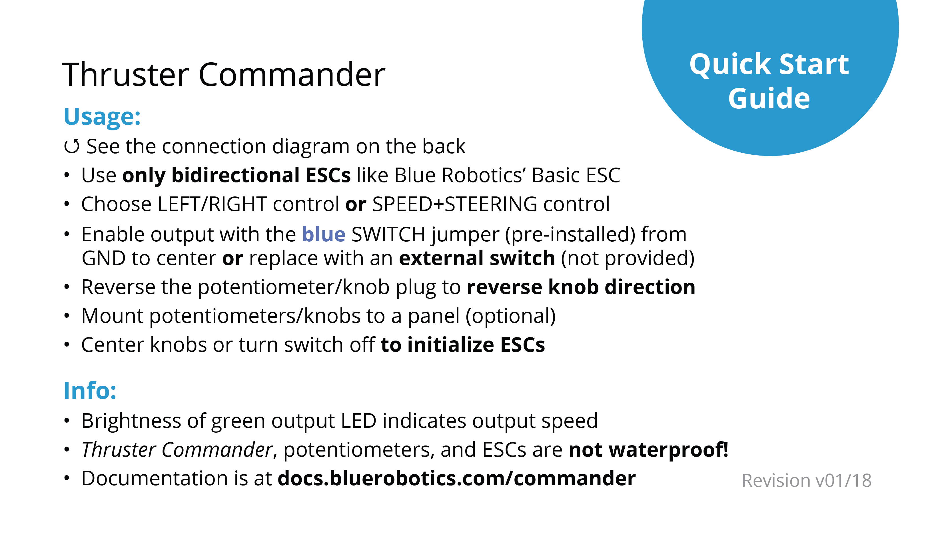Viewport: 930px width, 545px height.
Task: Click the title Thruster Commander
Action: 223,75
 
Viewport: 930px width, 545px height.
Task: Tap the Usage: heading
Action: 102,118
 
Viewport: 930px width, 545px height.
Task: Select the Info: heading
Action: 90,391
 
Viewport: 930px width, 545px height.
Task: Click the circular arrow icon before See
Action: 72,147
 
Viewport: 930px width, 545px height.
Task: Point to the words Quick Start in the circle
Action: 769,65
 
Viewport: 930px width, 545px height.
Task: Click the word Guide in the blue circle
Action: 769,99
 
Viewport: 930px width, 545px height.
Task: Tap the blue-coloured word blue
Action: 324,235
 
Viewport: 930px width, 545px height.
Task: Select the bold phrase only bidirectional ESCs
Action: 236,175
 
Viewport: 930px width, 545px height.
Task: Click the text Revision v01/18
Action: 806,481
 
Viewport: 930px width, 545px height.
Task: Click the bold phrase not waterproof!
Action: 649,450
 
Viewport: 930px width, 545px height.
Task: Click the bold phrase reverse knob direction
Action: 581,287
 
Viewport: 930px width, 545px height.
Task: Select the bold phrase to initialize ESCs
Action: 463,345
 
